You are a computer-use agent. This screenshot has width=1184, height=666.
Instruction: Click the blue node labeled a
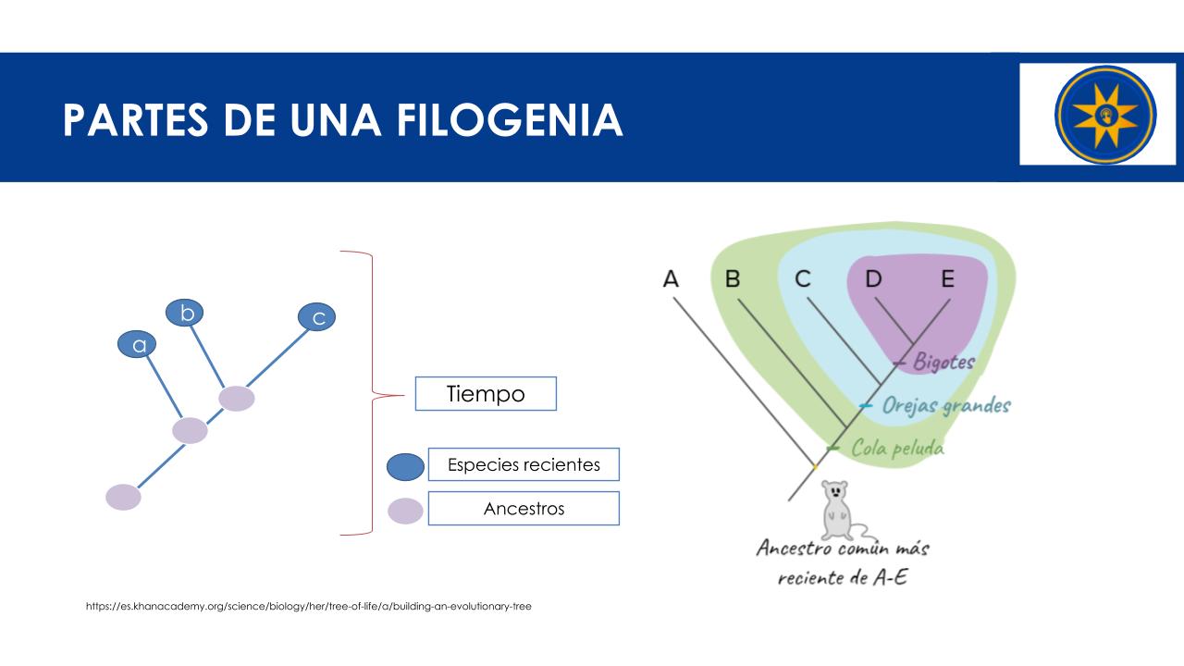coord(137,344)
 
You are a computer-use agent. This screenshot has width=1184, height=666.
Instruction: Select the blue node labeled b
coord(184,313)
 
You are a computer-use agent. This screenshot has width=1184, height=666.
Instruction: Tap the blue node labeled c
coord(316,317)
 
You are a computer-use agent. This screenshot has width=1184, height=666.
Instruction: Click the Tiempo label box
coord(486,394)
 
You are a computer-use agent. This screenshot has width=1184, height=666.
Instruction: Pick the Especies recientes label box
coord(524,464)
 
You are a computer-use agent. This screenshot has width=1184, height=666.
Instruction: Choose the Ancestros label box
coord(524,509)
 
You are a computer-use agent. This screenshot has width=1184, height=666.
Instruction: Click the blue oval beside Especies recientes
coord(405,467)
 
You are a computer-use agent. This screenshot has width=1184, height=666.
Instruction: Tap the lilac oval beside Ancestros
coord(405,511)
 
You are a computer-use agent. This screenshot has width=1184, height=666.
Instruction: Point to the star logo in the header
coord(1105,115)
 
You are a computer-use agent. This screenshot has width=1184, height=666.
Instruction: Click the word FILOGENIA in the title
coord(510,120)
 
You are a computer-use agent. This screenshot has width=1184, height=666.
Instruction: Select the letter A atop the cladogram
coord(671,278)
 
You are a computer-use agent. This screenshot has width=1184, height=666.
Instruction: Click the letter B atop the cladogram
coord(733,278)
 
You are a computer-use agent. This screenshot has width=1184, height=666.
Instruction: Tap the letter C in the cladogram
coord(803,278)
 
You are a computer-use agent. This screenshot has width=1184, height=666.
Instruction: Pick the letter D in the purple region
coord(874,278)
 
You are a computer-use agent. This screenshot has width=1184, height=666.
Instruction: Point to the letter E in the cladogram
coord(948,278)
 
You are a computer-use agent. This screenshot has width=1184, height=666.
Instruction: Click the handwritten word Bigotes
coord(944,362)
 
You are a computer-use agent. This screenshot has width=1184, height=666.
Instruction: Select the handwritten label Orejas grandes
coord(946,406)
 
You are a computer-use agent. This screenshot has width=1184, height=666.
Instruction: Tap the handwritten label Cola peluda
coord(897,449)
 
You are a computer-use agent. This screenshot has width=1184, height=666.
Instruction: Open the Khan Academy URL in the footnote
coord(309,606)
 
